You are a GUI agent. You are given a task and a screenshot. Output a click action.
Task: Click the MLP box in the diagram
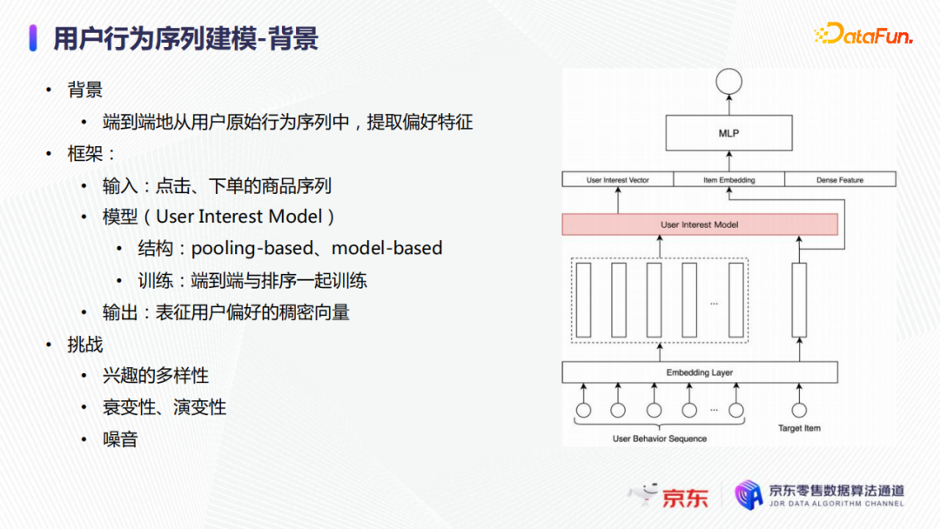(x=728, y=133)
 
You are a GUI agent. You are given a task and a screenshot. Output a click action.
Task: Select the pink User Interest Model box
(x=700, y=224)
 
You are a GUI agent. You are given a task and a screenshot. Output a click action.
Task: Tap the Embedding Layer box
(x=700, y=372)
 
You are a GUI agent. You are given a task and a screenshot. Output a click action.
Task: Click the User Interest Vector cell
(x=618, y=180)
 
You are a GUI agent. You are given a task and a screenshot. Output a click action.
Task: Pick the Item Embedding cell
(x=728, y=180)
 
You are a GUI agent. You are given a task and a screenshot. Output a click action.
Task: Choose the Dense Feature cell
(x=840, y=180)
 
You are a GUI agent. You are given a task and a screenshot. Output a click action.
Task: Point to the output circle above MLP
(x=728, y=83)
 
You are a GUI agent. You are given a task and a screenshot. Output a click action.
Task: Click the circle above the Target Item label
(x=798, y=410)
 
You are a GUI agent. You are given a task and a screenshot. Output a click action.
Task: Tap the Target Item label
(x=799, y=428)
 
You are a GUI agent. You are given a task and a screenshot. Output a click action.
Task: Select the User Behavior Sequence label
(x=660, y=439)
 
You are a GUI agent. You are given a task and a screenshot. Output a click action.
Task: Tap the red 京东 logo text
(x=685, y=497)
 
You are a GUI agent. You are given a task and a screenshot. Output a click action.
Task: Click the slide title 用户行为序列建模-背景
(x=185, y=38)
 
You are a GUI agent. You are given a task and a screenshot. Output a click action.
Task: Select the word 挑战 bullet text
(x=85, y=345)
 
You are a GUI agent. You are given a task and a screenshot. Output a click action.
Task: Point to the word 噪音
(x=120, y=439)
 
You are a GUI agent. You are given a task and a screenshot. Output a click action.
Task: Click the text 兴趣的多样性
(x=156, y=376)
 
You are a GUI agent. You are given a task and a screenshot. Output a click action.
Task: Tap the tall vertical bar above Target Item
(x=798, y=299)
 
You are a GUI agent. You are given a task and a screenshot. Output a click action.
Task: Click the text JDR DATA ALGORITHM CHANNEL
(x=836, y=504)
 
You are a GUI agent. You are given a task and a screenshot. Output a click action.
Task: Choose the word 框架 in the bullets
(x=85, y=154)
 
